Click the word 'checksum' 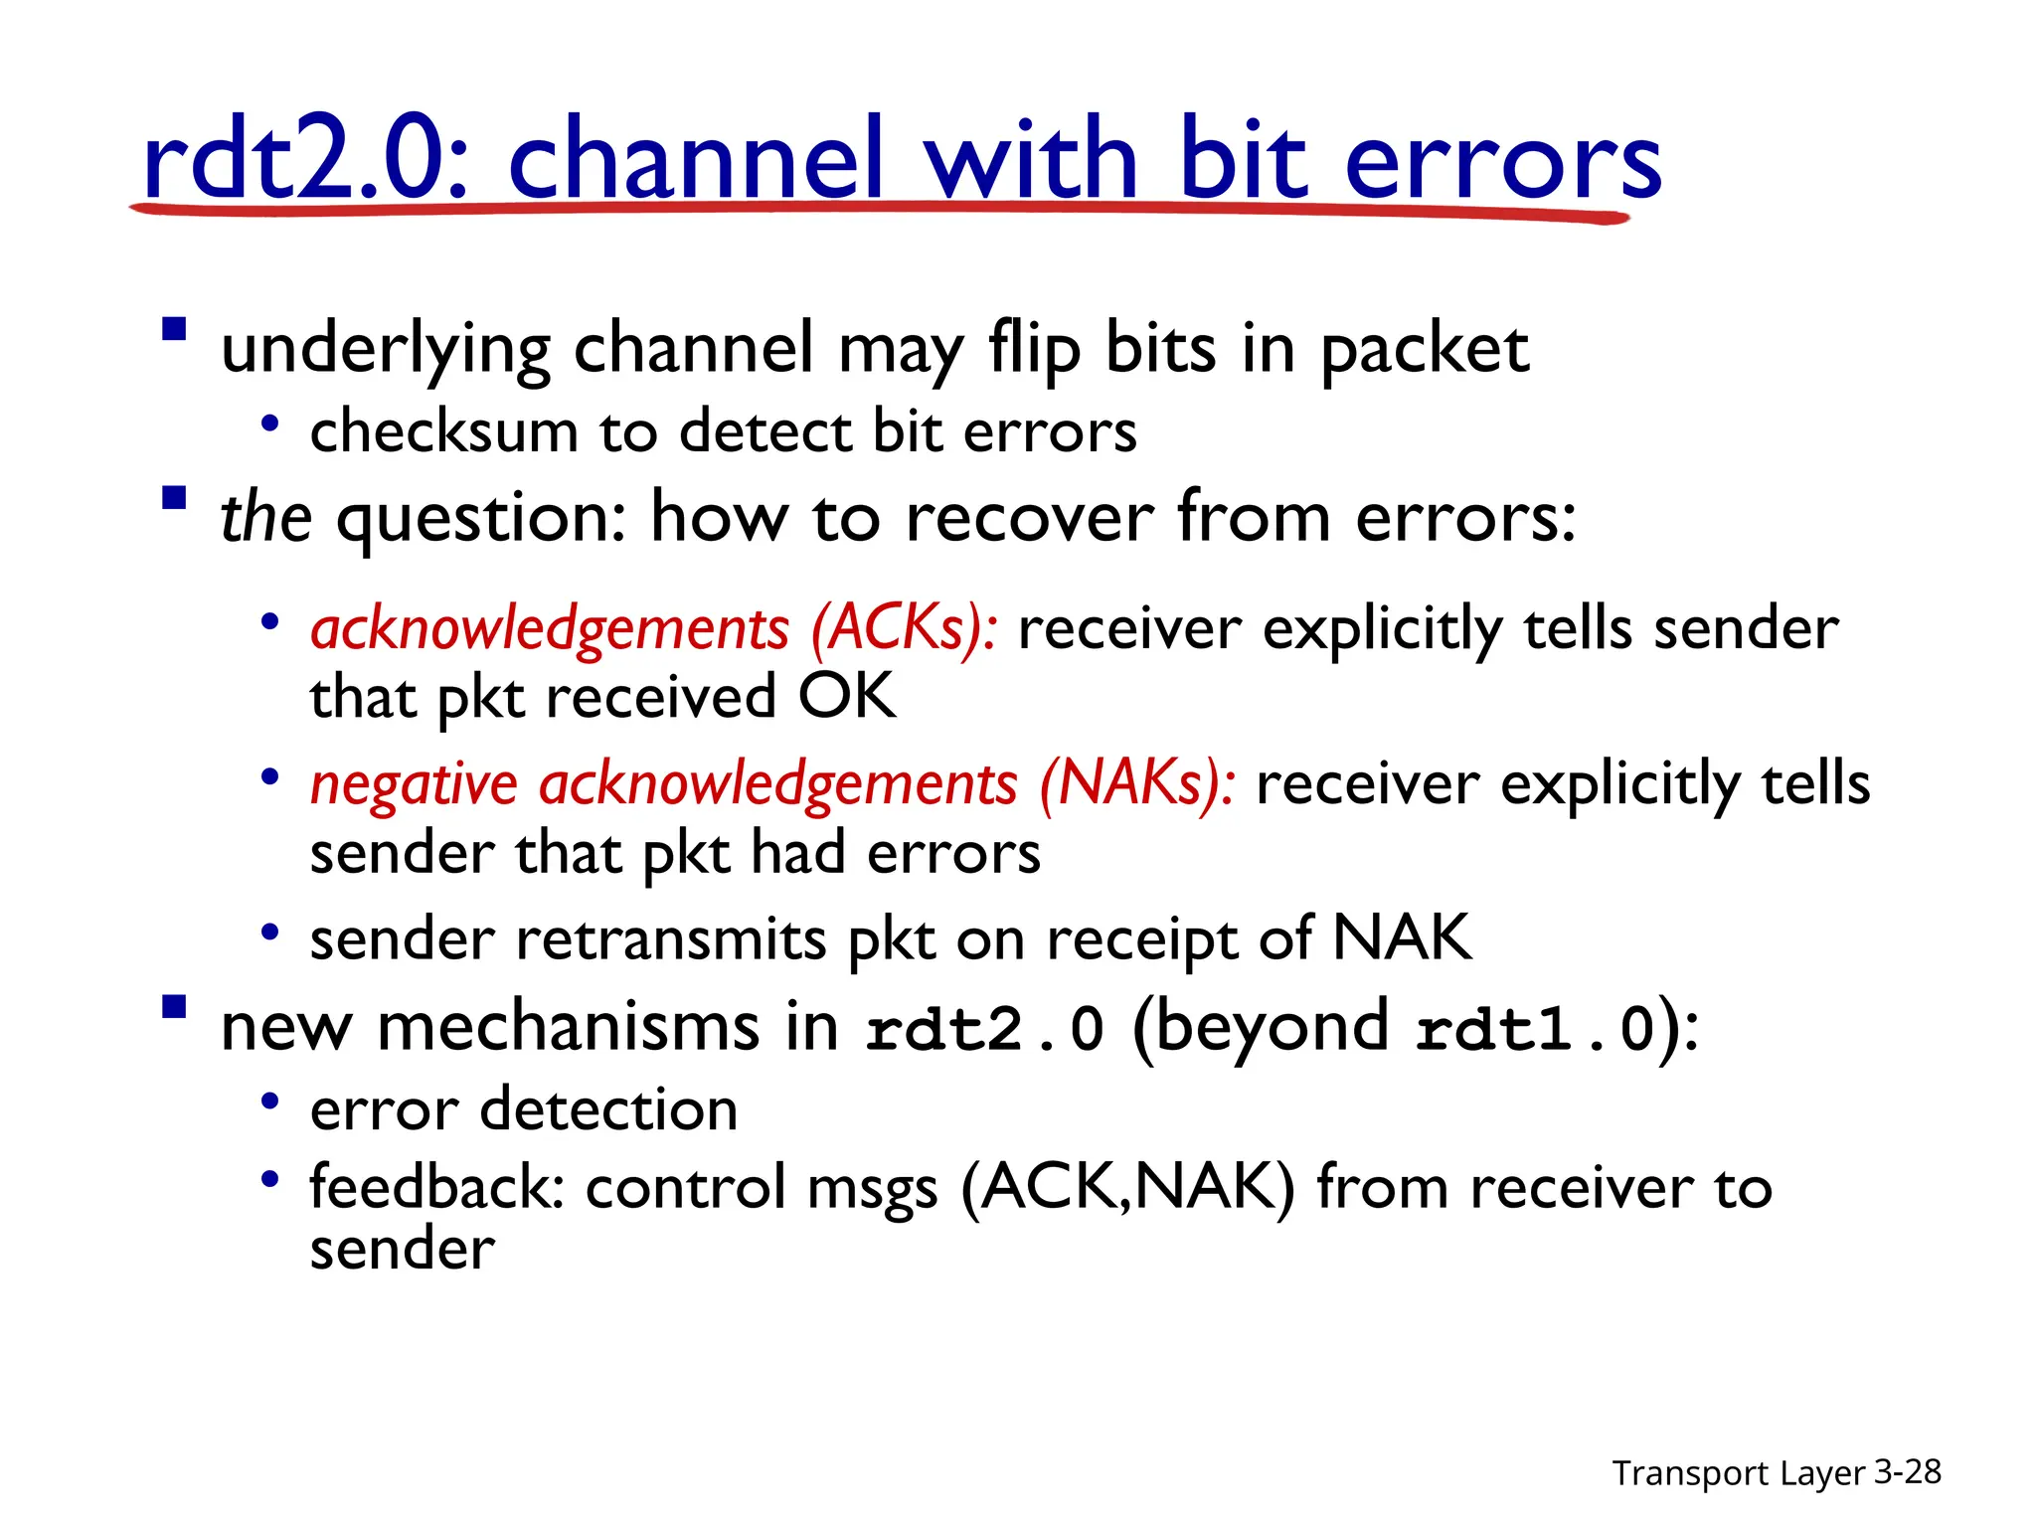pos(442,432)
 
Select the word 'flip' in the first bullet pos(1034,350)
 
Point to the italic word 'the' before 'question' pos(265,519)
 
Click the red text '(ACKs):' pos(905,630)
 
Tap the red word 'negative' pos(414,785)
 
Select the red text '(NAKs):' pos(1137,783)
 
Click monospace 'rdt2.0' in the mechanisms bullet pos(984,1029)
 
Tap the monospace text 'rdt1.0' pos(1534,1029)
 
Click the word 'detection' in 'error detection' pos(608,1109)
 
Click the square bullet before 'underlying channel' pos(175,329)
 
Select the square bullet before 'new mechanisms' pos(175,1008)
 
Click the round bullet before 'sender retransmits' pos(268,933)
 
